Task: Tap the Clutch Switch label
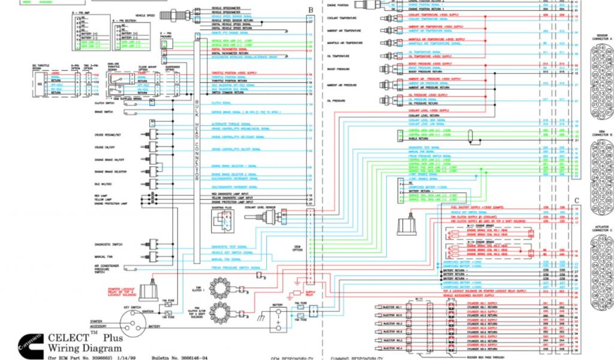coord(103,103)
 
